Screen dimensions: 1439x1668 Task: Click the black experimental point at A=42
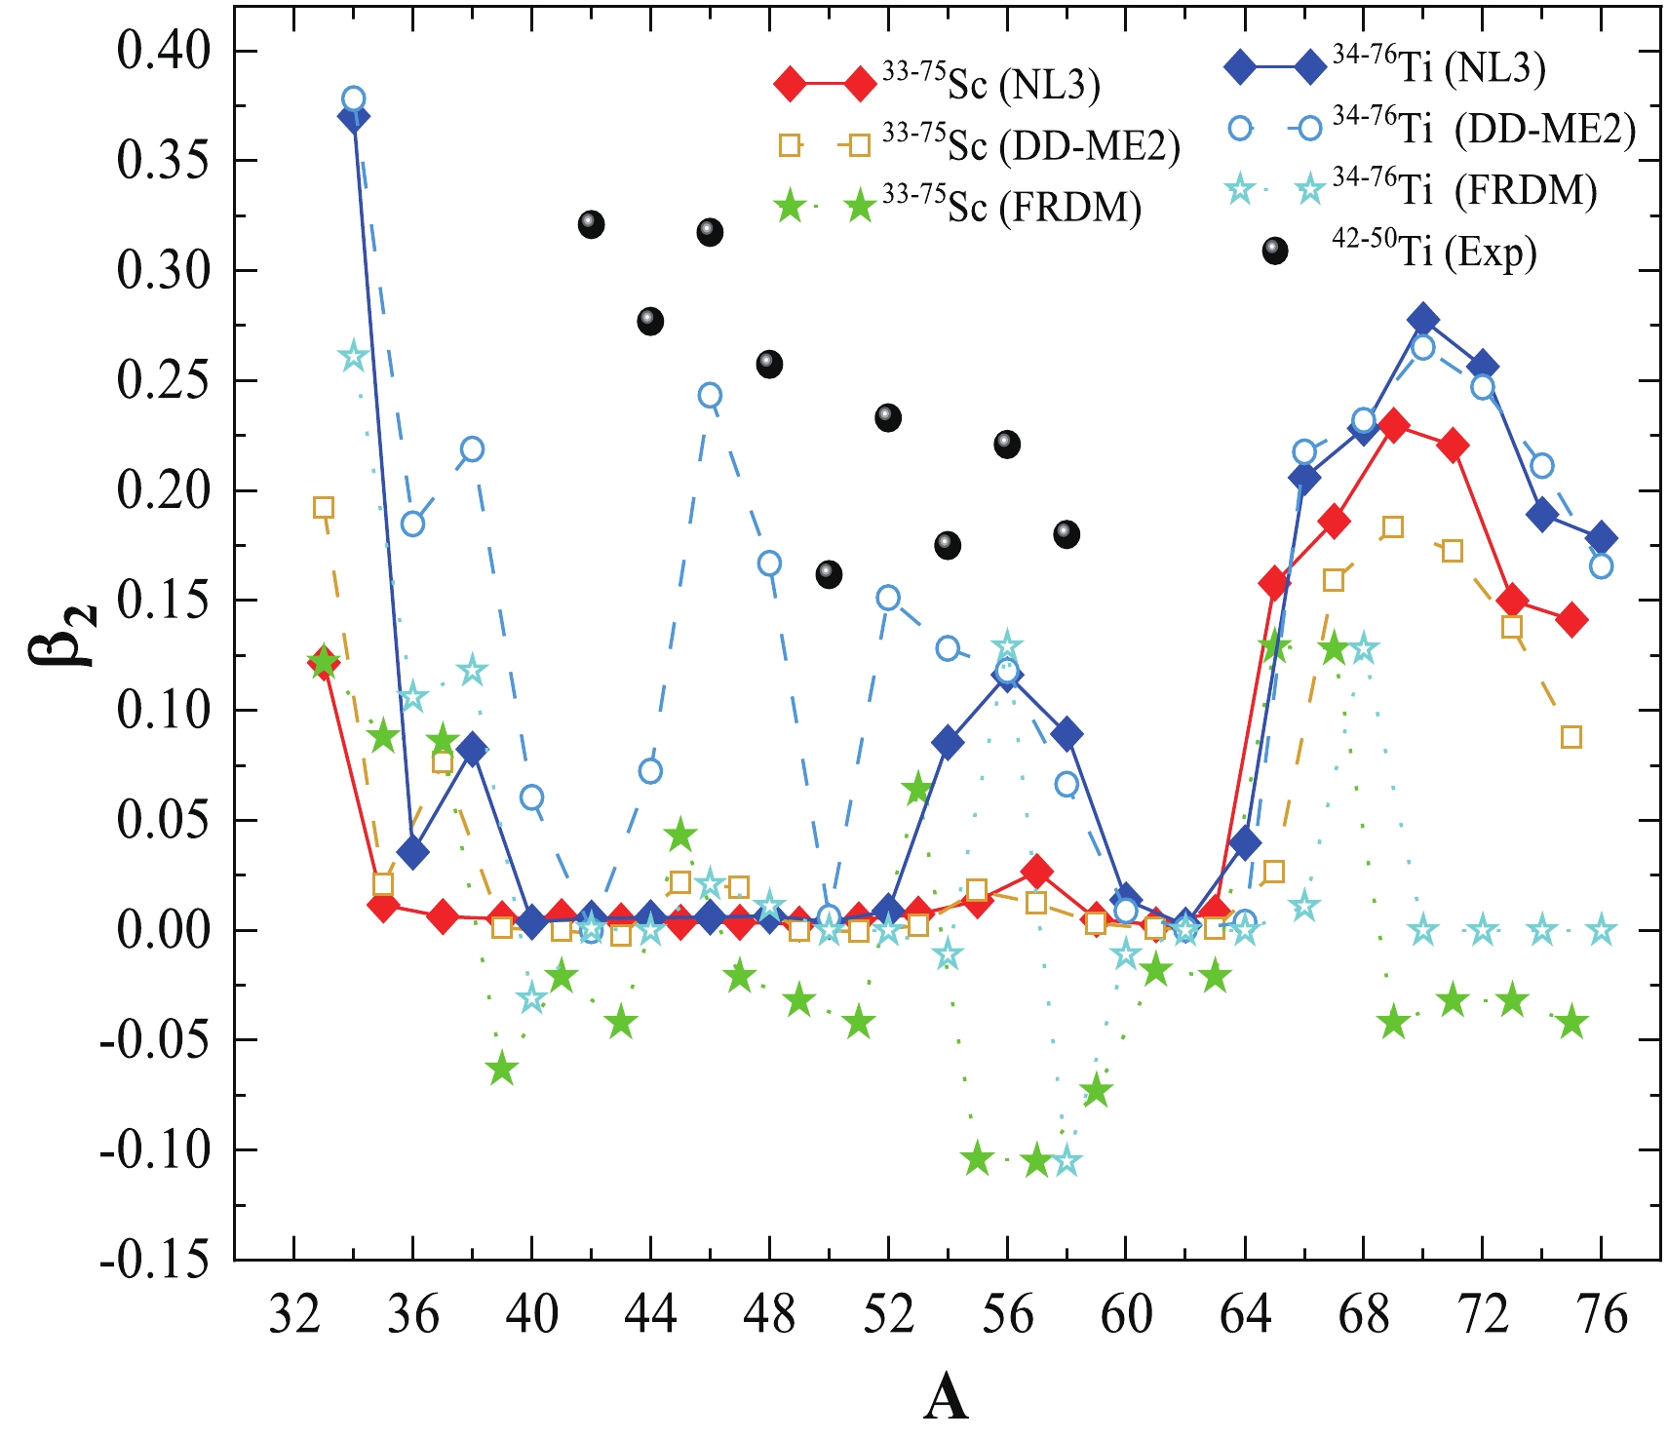click(x=591, y=224)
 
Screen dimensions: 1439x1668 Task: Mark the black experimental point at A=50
click(x=829, y=574)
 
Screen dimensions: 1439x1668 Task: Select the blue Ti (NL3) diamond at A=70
click(x=1422, y=319)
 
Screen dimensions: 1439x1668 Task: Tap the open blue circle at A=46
click(x=710, y=395)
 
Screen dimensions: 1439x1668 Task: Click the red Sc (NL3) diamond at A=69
click(x=1393, y=425)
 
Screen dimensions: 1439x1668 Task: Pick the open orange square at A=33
click(x=324, y=507)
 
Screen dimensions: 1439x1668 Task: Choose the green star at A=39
click(x=502, y=1069)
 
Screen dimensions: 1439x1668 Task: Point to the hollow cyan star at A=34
click(x=354, y=357)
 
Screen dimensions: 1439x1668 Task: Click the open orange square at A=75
click(x=1571, y=737)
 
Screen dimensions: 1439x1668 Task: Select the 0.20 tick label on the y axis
click(x=164, y=490)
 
